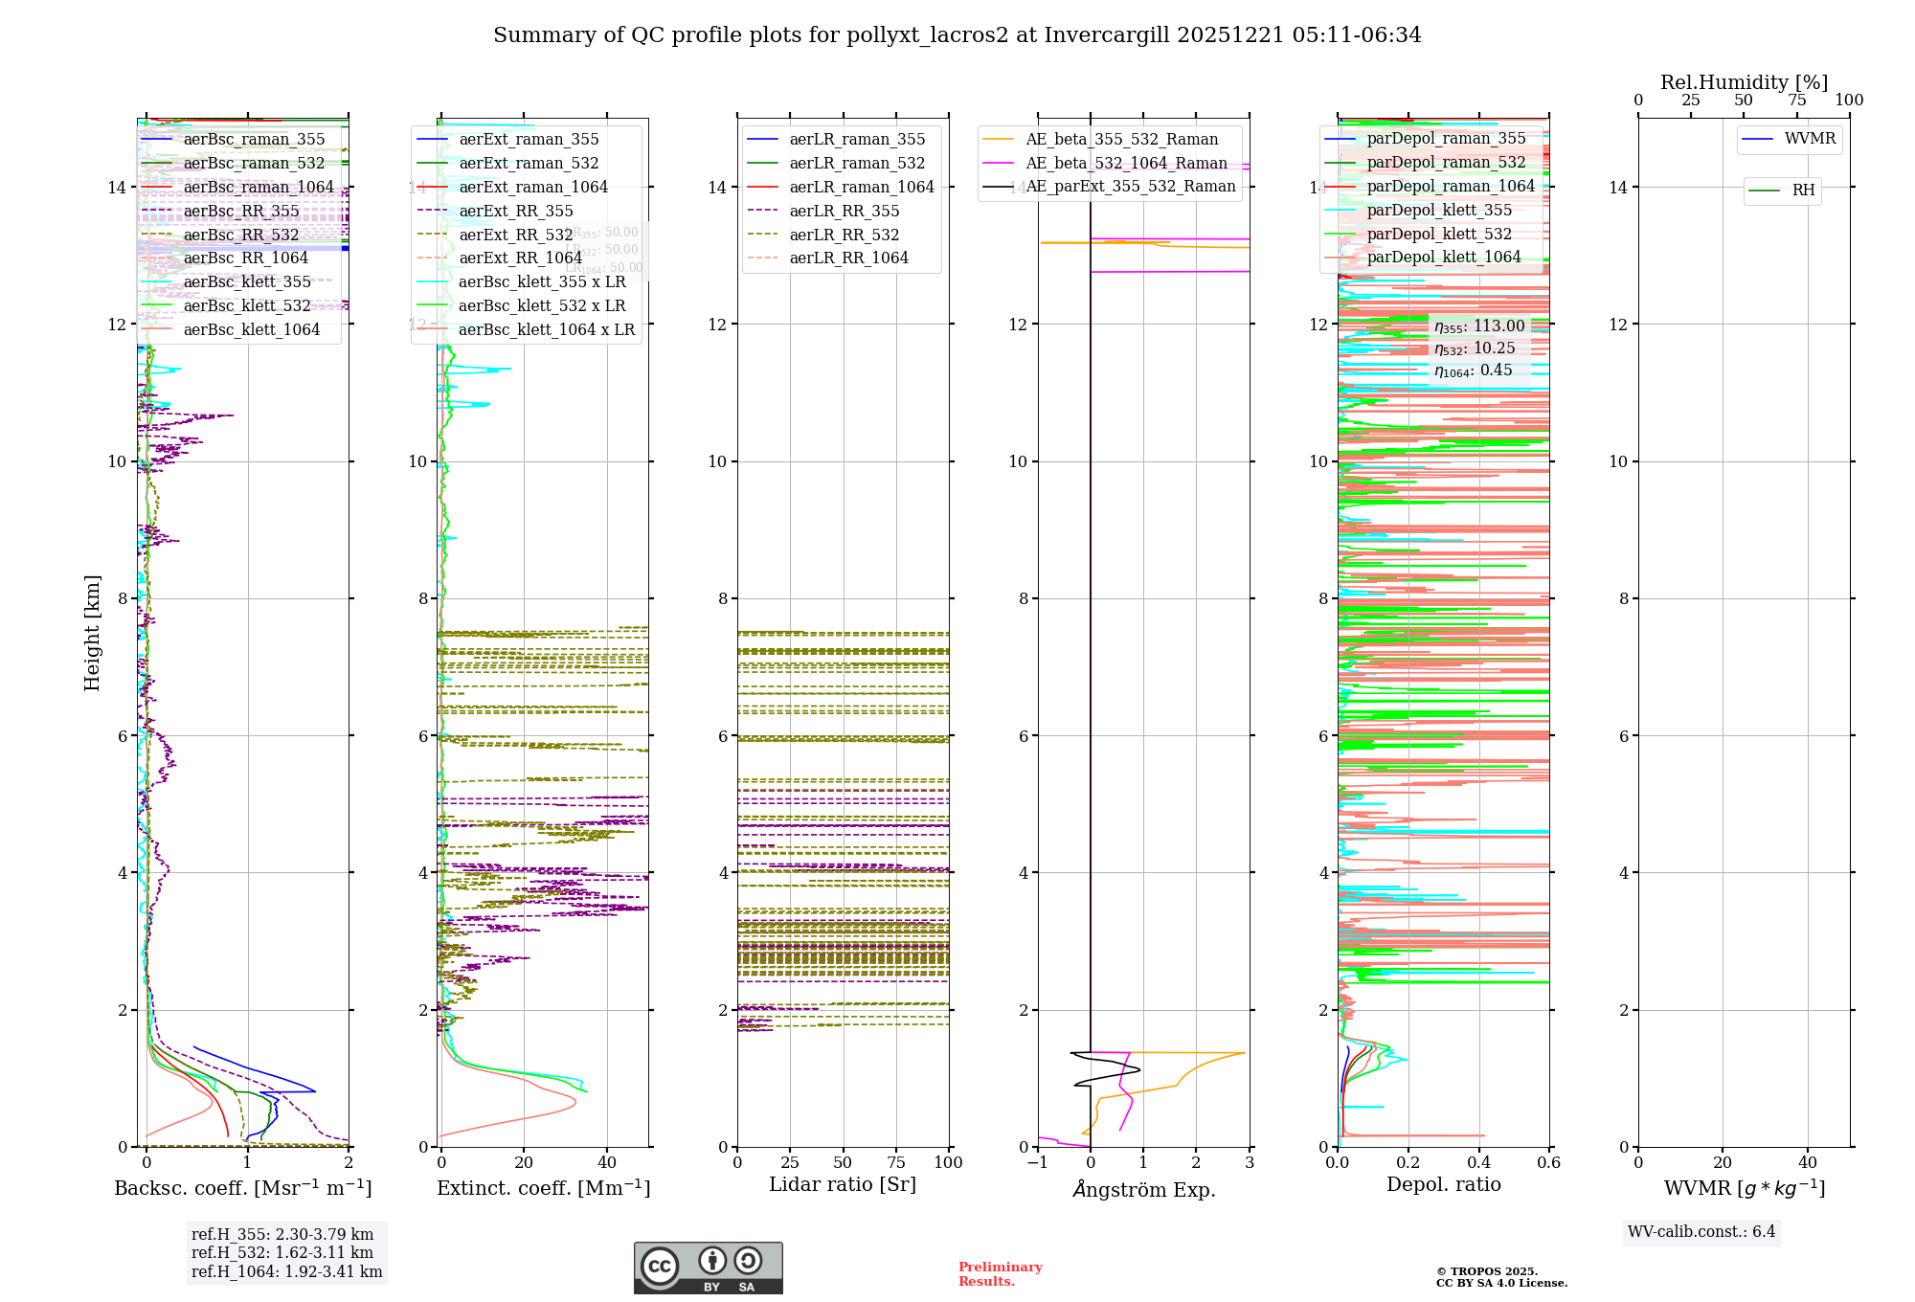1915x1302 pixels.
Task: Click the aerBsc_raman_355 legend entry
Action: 254,140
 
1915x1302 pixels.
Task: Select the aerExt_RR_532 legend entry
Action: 515,235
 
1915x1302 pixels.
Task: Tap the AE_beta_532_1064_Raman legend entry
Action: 1126,164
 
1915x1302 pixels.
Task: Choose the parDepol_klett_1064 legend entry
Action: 1443,258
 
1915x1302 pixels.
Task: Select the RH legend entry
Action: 1803,191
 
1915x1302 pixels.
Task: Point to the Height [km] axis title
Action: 93,632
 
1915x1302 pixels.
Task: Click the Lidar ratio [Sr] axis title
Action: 843,1185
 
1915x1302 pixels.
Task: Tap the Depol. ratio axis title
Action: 1443,1185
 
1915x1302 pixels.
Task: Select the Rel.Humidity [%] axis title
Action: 1744,82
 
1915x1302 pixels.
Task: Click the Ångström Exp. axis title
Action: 1144,1190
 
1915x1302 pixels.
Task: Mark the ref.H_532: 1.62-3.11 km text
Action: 282,1253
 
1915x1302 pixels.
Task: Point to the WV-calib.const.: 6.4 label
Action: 1701,1232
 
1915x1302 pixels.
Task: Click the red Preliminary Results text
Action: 1000,1274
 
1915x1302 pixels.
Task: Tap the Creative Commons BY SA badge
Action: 708,1268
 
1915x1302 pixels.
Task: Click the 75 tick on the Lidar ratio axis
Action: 896,1163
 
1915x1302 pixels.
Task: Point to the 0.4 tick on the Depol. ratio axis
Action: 1478,1163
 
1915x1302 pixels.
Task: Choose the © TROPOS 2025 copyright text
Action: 1486,1272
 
